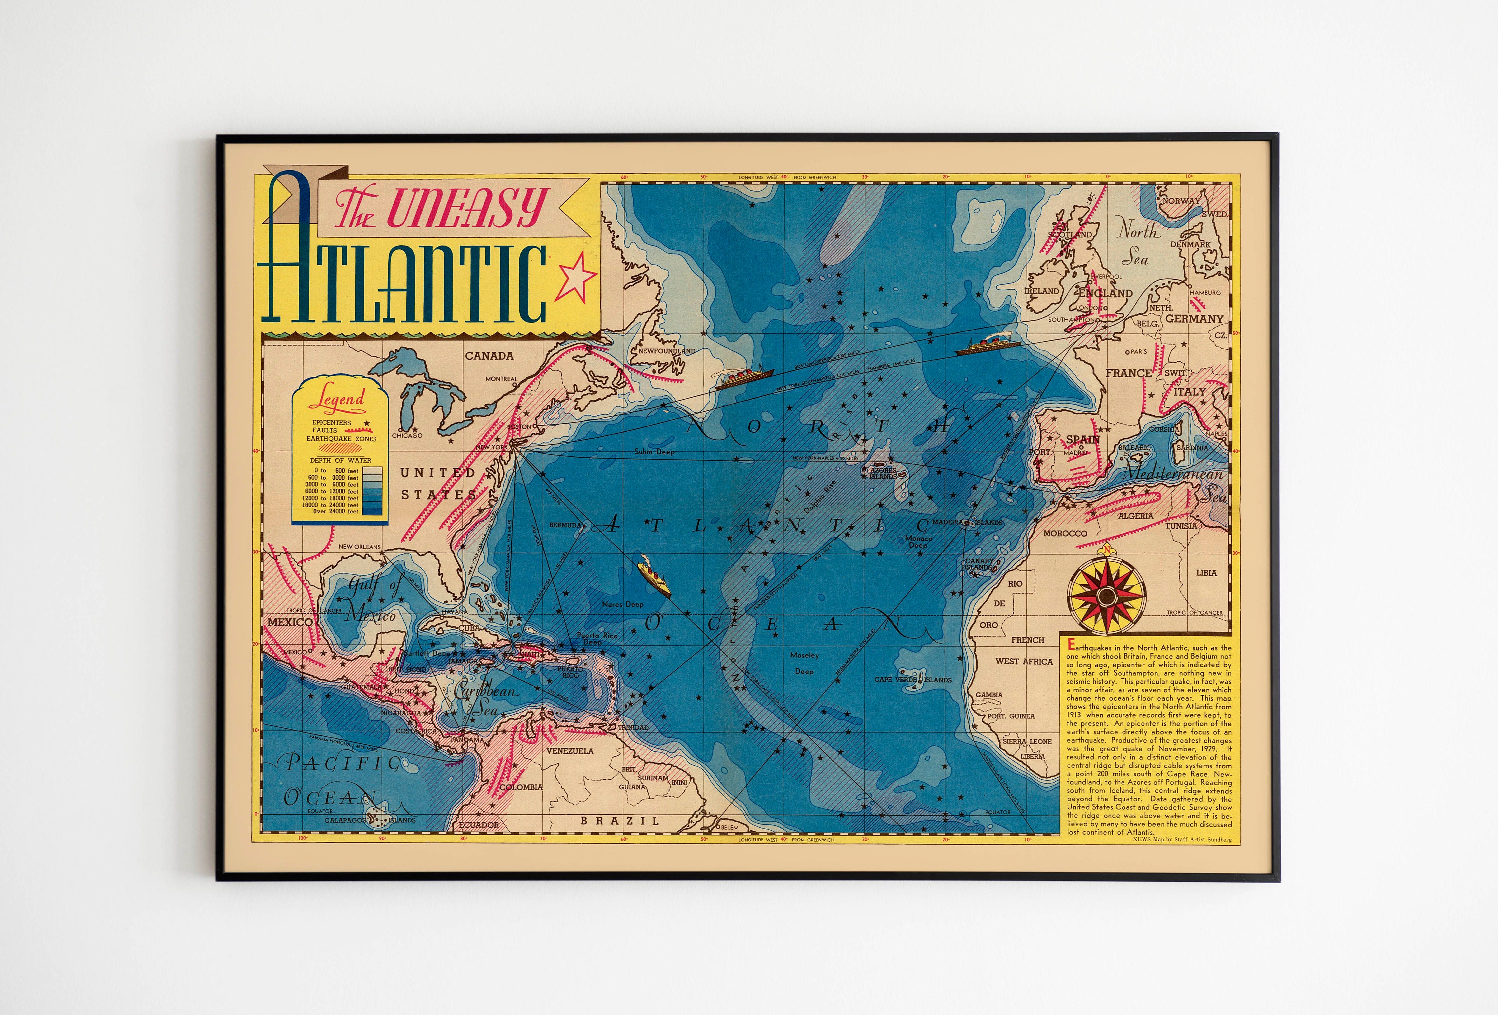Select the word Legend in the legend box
tap(337, 400)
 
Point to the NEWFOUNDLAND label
tap(667, 351)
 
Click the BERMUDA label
tap(565, 525)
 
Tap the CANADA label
tap(489, 355)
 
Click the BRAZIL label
tap(620, 821)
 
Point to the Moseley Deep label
tap(804, 663)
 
